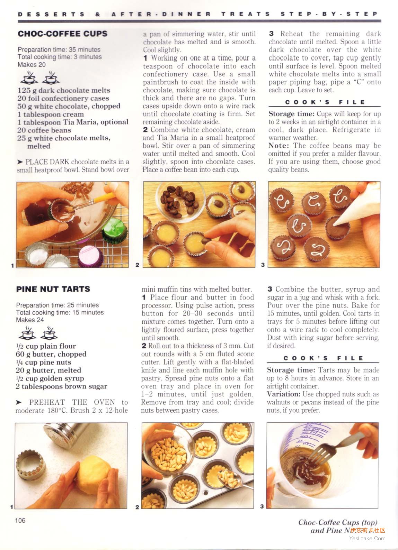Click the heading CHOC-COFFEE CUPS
[x=62, y=34]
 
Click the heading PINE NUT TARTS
[x=53, y=289]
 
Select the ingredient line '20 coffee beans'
[x=44, y=130]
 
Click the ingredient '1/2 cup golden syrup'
[x=50, y=378]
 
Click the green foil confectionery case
[x=115, y=230]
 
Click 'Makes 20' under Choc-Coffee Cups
[x=32, y=65]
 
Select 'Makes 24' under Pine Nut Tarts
[x=30, y=320]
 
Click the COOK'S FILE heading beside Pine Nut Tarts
[x=323, y=358]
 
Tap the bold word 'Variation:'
[x=283, y=394]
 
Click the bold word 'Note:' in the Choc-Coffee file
[x=279, y=146]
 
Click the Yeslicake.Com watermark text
[x=367, y=539]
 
